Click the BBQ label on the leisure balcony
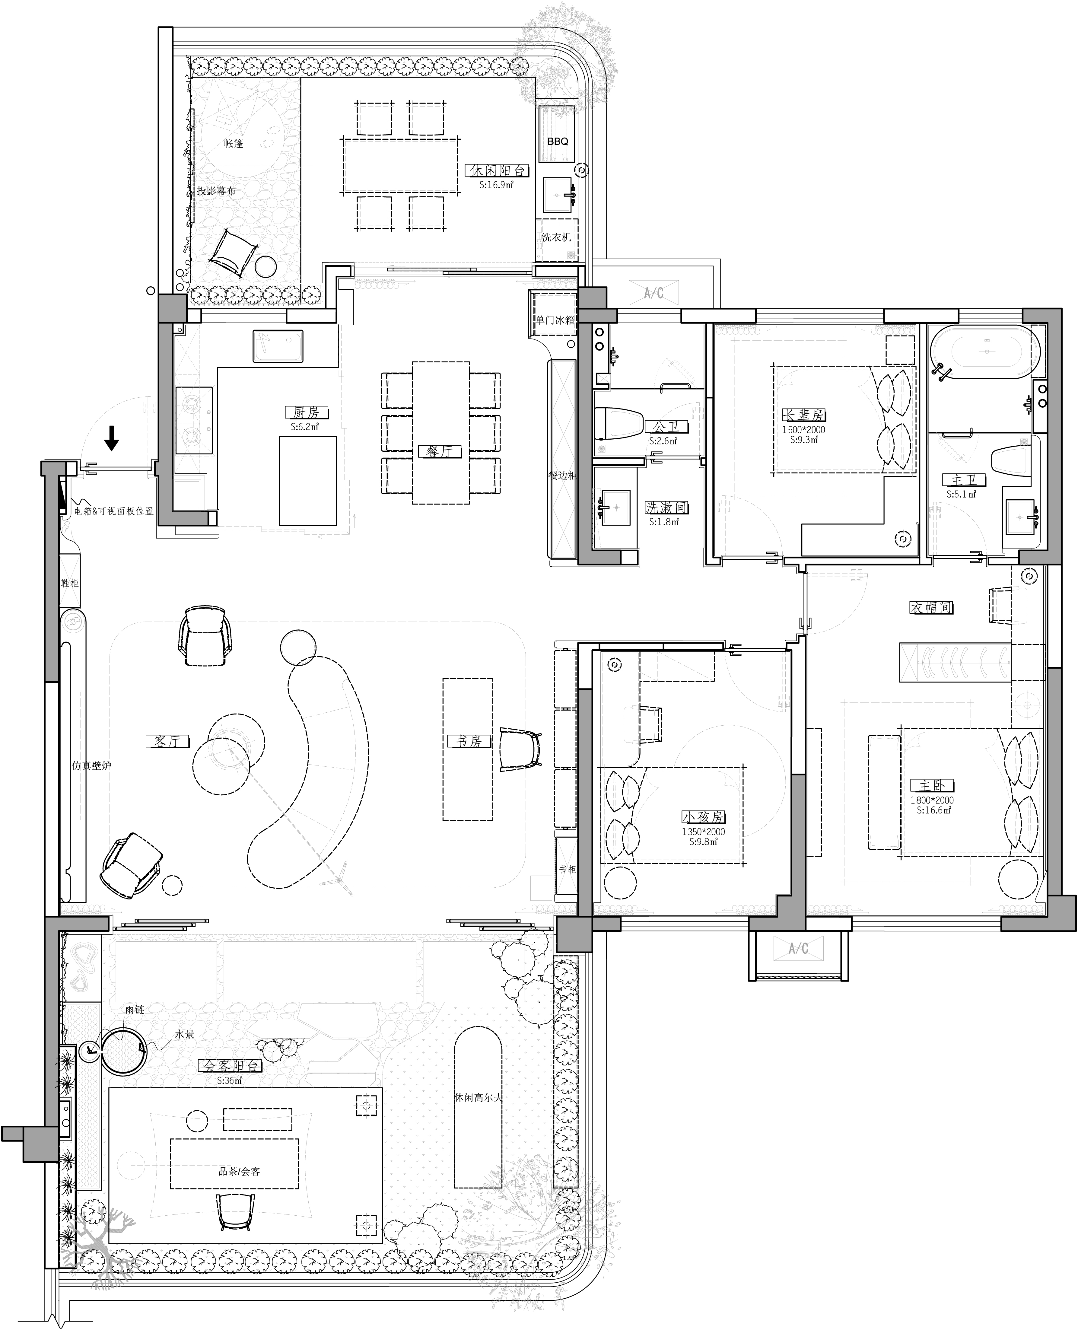click(x=558, y=142)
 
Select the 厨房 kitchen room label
click(x=306, y=412)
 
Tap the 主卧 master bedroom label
click(x=932, y=785)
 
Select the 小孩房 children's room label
click(x=703, y=817)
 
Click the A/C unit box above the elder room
click(x=654, y=292)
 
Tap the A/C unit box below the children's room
click(x=799, y=948)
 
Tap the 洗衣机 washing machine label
click(x=556, y=237)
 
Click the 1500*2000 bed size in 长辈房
click(x=803, y=430)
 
